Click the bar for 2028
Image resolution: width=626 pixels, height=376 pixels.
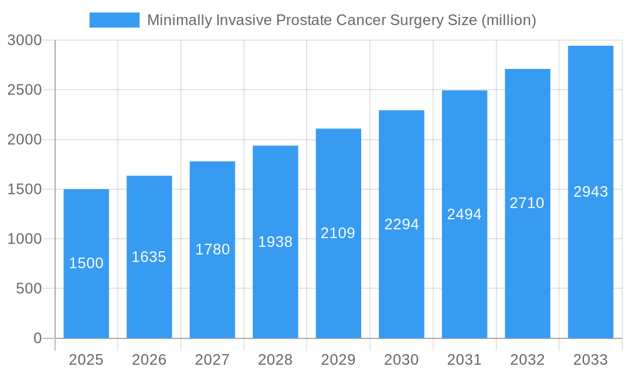pos(275,282)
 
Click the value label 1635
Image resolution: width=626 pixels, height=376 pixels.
pos(149,257)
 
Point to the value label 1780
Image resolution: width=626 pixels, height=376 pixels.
pos(212,249)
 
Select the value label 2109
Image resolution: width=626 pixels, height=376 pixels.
pos(338,233)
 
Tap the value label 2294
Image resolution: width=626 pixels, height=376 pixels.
pos(401,224)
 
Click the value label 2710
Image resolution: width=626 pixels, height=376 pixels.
pos(527,203)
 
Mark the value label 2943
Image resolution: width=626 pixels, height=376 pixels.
pos(590,192)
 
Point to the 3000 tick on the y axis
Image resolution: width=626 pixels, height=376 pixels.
pos(24,41)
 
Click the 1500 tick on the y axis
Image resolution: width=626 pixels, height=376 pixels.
pos(24,189)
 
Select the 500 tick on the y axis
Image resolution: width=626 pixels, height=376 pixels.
pos(29,289)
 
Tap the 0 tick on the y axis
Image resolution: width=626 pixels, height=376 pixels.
pos(37,338)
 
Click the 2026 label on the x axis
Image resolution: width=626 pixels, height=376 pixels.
pos(149,360)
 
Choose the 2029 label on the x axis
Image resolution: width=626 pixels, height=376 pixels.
pos(338,360)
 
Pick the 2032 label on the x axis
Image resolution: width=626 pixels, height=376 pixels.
pos(527,360)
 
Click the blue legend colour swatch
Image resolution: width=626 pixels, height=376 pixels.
pos(115,20)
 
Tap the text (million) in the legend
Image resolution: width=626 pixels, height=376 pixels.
pos(508,20)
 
